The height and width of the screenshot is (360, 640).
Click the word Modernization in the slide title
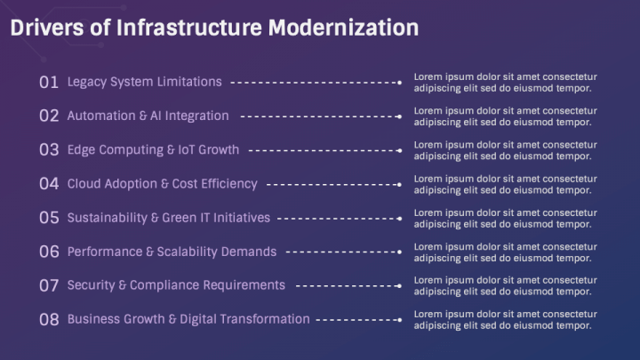tap(343, 28)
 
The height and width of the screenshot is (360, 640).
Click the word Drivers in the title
tap(45, 28)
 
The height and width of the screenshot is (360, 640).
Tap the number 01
tap(49, 82)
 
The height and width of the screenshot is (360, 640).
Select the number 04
tap(49, 184)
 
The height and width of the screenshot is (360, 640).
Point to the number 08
tap(49, 319)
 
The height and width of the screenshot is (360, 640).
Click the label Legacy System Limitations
tap(144, 82)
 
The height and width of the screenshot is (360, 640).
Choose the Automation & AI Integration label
tap(148, 116)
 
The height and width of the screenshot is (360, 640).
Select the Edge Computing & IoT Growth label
tap(153, 150)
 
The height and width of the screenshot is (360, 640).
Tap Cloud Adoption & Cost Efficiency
tap(162, 184)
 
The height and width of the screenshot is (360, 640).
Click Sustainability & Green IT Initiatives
tap(169, 218)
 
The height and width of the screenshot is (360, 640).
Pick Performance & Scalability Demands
tap(172, 252)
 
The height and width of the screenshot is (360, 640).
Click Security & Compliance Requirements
tap(176, 285)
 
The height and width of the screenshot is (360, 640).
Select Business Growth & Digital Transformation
tap(188, 319)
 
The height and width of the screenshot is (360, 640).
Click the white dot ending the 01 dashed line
tap(400, 83)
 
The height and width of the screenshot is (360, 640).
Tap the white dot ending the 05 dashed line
tap(400, 219)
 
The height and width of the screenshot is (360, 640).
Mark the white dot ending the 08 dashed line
tap(400, 320)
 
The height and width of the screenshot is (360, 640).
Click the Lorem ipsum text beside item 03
tap(505, 150)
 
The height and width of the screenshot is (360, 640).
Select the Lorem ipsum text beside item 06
tap(505, 252)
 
